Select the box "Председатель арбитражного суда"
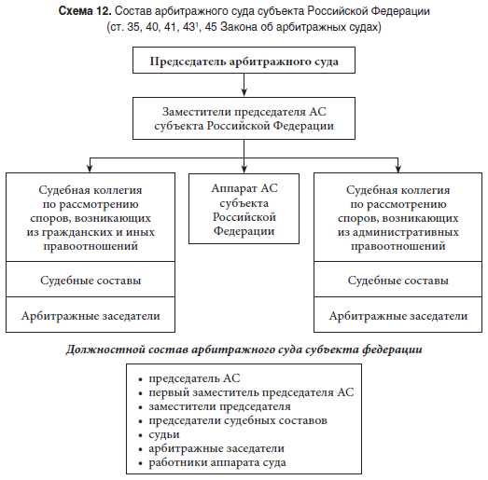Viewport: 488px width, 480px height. (x=244, y=62)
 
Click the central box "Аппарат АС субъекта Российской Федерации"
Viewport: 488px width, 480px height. (x=244, y=209)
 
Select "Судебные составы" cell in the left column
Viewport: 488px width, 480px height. (x=91, y=281)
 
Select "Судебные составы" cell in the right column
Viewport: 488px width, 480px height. (x=398, y=281)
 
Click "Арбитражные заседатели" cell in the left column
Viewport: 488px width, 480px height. (x=91, y=316)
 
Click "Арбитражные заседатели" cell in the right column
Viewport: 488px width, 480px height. (x=398, y=316)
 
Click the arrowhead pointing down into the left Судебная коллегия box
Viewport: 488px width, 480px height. (x=91, y=168)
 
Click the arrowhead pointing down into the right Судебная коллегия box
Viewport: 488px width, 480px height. (x=398, y=168)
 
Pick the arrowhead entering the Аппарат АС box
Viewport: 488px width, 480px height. (x=244, y=168)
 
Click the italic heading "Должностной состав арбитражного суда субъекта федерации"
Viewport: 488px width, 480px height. (x=244, y=350)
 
